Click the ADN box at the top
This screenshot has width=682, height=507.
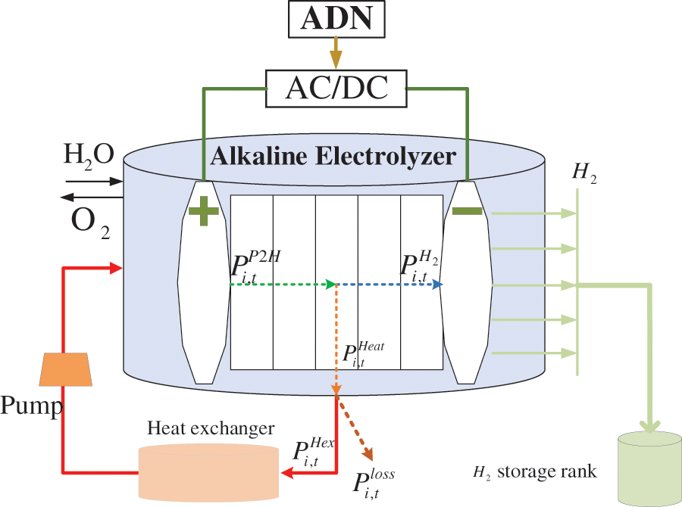pyautogui.click(x=336, y=20)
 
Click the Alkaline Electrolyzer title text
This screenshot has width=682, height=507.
pyautogui.click(x=333, y=157)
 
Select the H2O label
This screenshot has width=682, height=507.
pyautogui.click(x=89, y=154)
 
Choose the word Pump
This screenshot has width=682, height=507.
pyautogui.click(x=31, y=408)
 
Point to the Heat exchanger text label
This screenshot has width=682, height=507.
pyautogui.click(x=210, y=429)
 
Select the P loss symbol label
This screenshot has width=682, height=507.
pyautogui.click(x=373, y=482)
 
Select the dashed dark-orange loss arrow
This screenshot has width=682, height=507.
pyautogui.click(x=355, y=429)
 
